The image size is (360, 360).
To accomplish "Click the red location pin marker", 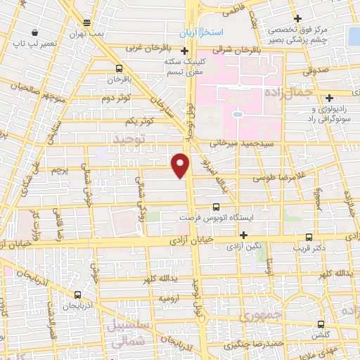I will click(181, 165).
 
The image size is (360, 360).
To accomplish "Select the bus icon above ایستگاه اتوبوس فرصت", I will click(216, 206).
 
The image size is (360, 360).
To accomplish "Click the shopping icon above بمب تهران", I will click(86, 22).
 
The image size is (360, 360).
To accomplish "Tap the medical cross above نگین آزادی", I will click(243, 235).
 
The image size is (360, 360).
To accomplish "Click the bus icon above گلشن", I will click(321, 324).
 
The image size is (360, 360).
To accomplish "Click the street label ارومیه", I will click(171, 298).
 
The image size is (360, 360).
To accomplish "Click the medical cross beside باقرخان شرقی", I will click(184, 50).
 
